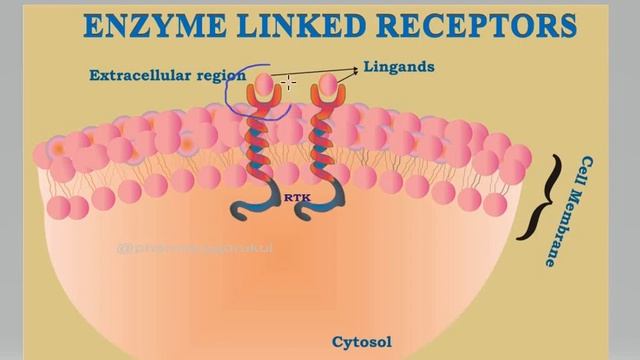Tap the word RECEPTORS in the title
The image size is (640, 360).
pyautogui.click(x=481, y=25)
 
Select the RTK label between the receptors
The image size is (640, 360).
pyautogui.click(x=297, y=197)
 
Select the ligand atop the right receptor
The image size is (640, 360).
pyautogui.click(x=328, y=87)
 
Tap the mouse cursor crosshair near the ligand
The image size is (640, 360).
pyautogui.click(x=288, y=82)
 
